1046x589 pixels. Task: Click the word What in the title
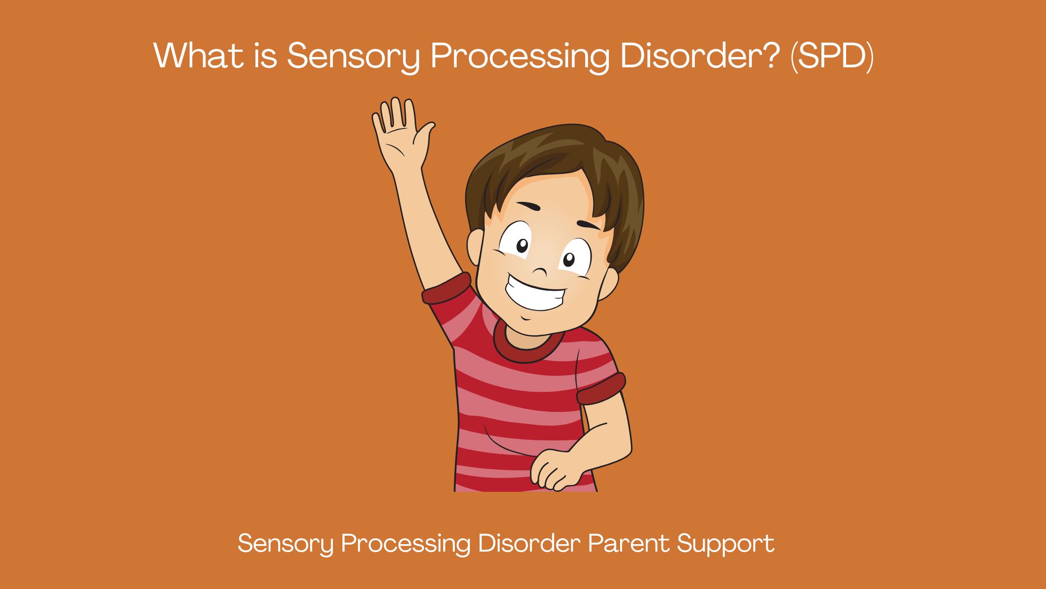[198, 55]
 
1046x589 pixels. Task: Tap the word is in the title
[266, 55]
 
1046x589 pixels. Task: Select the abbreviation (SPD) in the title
[832, 56]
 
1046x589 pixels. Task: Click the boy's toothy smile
[535, 294]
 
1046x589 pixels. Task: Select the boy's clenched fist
[553, 470]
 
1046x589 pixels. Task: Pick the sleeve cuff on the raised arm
[446, 289]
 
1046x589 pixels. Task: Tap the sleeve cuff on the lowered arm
[601, 389]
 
